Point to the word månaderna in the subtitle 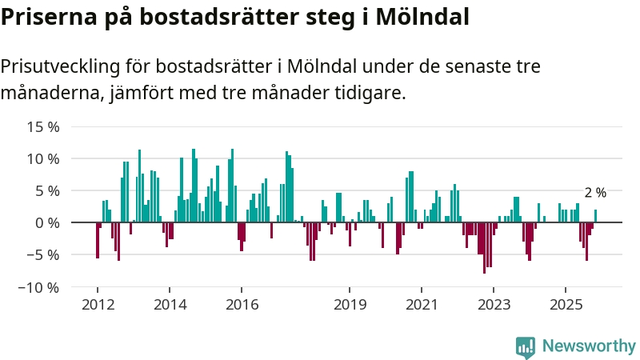click(x=49, y=93)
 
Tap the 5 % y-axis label click(x=47, y=190)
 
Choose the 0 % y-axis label click(x=47, y=222)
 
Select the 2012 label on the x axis click(x=97, y=305)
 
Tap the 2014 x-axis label click(x=169, y=305)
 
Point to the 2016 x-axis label click(x=242, y=305)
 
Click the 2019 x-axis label click(x=349, y=305)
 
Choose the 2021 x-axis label click(x=422, y=305)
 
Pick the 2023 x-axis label click(x=494, y=305)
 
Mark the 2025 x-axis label click(x=566, y=305)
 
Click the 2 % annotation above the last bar click(x=595, y=193)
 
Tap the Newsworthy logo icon click(x=526, y=346)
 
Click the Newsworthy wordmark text click(x=589, y=346)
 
